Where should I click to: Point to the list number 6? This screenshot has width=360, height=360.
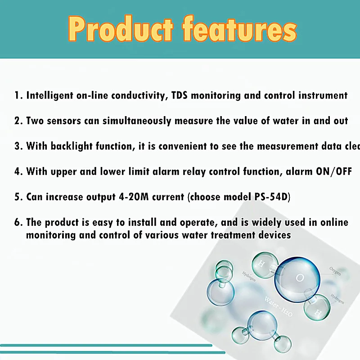(x=18, y=222)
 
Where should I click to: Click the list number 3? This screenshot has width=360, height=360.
(x=18, y=146)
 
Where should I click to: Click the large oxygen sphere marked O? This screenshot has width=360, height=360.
(x=297, y=278)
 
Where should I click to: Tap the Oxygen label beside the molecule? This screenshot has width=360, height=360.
(x=335, y=271)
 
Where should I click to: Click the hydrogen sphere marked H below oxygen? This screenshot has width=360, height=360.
(x=317, y=310)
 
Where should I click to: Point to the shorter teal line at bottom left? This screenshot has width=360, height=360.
(x=106, y=345)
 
